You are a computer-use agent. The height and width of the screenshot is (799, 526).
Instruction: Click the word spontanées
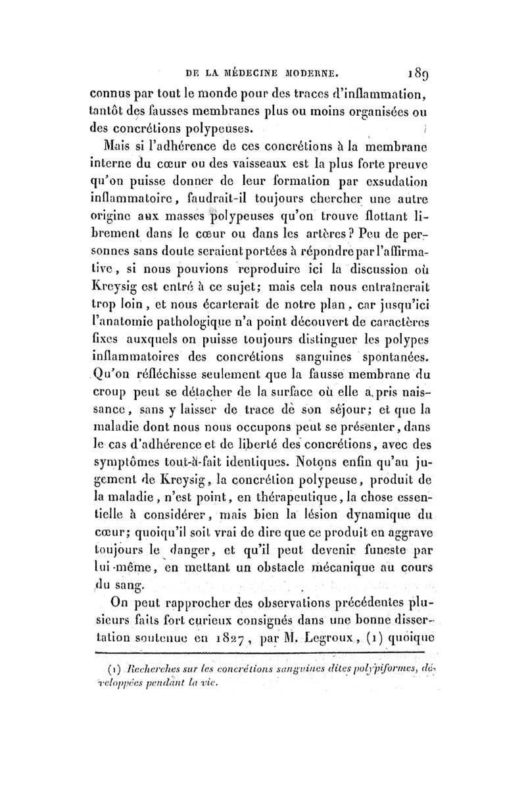[381, 358]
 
